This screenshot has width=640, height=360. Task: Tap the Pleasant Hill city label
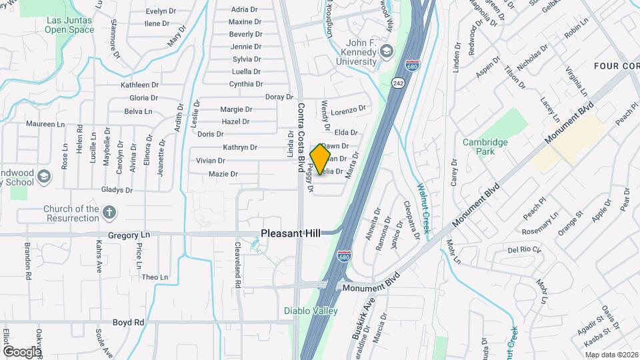pyautogui.click(x=290, y=233)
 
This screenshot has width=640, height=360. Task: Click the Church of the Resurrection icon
pyautogui.click(x=109, y=213)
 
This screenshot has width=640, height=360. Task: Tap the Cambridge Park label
pyautogui.click(x=485, y=147)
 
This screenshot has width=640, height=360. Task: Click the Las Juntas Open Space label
pyautogui.click(x=69, y=25)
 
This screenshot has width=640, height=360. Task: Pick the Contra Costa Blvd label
pyautogui.click(x=301, y=137)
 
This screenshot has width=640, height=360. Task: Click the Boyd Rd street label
pyautogui.click(x=128, y=322)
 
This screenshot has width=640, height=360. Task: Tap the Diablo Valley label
pyautogui.click(x=311, y=311)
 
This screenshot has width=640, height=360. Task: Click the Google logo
pyautogui.click(x=21, y=351)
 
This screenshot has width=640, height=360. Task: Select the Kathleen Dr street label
pyautogui.click(x=139, y=85)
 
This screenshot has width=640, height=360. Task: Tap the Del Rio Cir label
pyautogui.click(x=522, y=251)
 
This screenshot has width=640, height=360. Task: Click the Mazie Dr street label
pyautogui.click(x=223, y=174)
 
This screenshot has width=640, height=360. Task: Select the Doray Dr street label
pyautogui.click(x=279, y=97)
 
